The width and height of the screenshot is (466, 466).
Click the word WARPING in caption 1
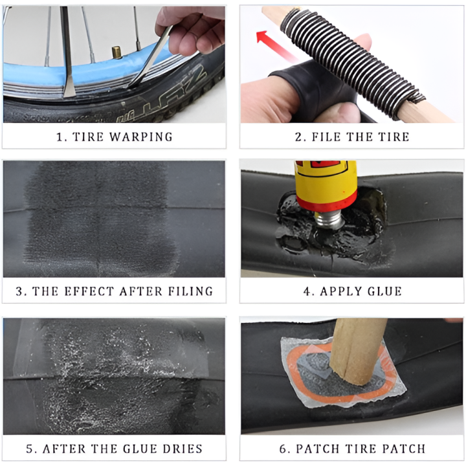click(141, 137)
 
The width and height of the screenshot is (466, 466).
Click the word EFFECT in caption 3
click(90, 291)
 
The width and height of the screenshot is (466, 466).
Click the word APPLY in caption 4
click(338, 291)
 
